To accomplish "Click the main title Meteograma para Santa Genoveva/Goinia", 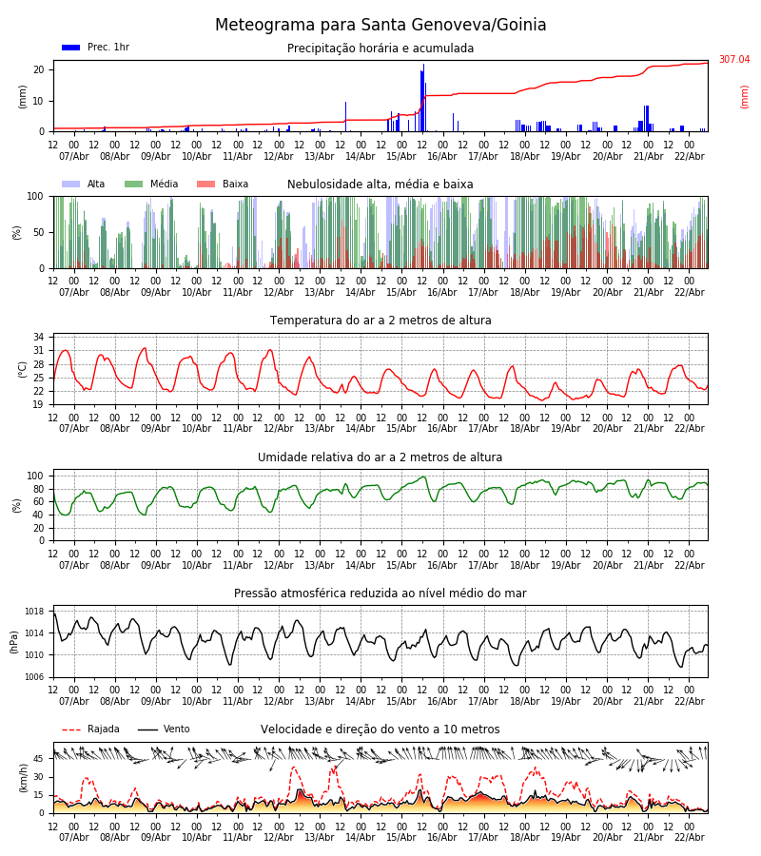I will (x=380, y=26).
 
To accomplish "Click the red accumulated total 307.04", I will (x=733, y=60).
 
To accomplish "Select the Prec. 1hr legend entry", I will (x=95, y=48).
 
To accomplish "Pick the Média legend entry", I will (x=151, y=185).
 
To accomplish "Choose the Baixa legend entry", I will (x=223, y=185).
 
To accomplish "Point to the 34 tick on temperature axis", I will (x=38, y=338).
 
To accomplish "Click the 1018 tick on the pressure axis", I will (x=35, y=612).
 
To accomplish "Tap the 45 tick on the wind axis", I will (x=38, y=759).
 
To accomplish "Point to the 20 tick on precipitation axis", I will (x=39, y=70).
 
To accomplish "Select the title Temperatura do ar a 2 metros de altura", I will (x=380, y=321).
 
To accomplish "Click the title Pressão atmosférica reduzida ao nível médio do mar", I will (x=380, y=593).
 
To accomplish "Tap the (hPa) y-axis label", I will (x=15, y=641).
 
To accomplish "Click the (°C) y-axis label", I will (x=23, y=368).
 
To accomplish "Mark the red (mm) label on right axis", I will (x=745, y=96).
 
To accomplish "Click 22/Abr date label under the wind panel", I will (x=690, y=837).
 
